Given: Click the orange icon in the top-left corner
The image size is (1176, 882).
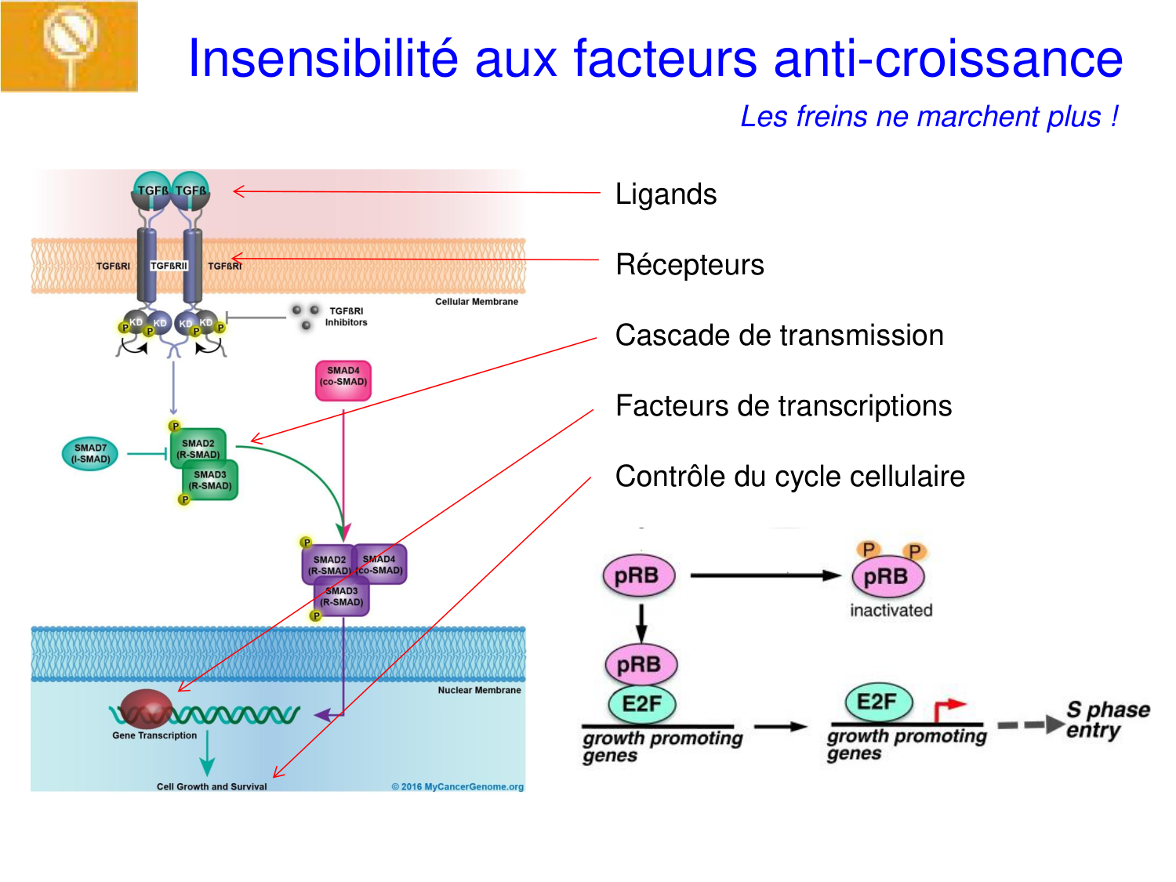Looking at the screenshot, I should point(69,46).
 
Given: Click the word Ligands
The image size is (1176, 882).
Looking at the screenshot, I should point(666,194).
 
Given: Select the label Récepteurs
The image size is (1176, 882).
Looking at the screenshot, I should point(689,265).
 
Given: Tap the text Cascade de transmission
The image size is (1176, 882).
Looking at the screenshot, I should point(779,336).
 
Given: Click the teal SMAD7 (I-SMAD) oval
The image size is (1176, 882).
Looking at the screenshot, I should point(90,454).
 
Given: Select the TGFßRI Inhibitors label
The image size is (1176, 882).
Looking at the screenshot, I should point(346,317).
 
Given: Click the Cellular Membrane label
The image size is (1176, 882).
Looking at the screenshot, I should point(477,302).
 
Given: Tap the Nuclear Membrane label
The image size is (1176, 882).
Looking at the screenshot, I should point(479,691).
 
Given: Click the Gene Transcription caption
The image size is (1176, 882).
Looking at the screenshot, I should point(154,735).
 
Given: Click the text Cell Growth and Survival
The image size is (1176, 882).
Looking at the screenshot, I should point(212,786).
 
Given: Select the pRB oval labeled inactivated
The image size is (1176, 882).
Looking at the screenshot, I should point(887,576).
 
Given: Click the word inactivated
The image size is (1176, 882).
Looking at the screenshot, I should point(891,610).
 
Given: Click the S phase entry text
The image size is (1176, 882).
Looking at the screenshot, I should point(1107,720).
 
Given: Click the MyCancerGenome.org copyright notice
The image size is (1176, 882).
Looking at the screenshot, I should point(458,786).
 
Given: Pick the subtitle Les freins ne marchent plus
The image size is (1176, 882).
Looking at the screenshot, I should point(929,117).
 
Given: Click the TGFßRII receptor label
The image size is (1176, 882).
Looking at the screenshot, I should point(169,266).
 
